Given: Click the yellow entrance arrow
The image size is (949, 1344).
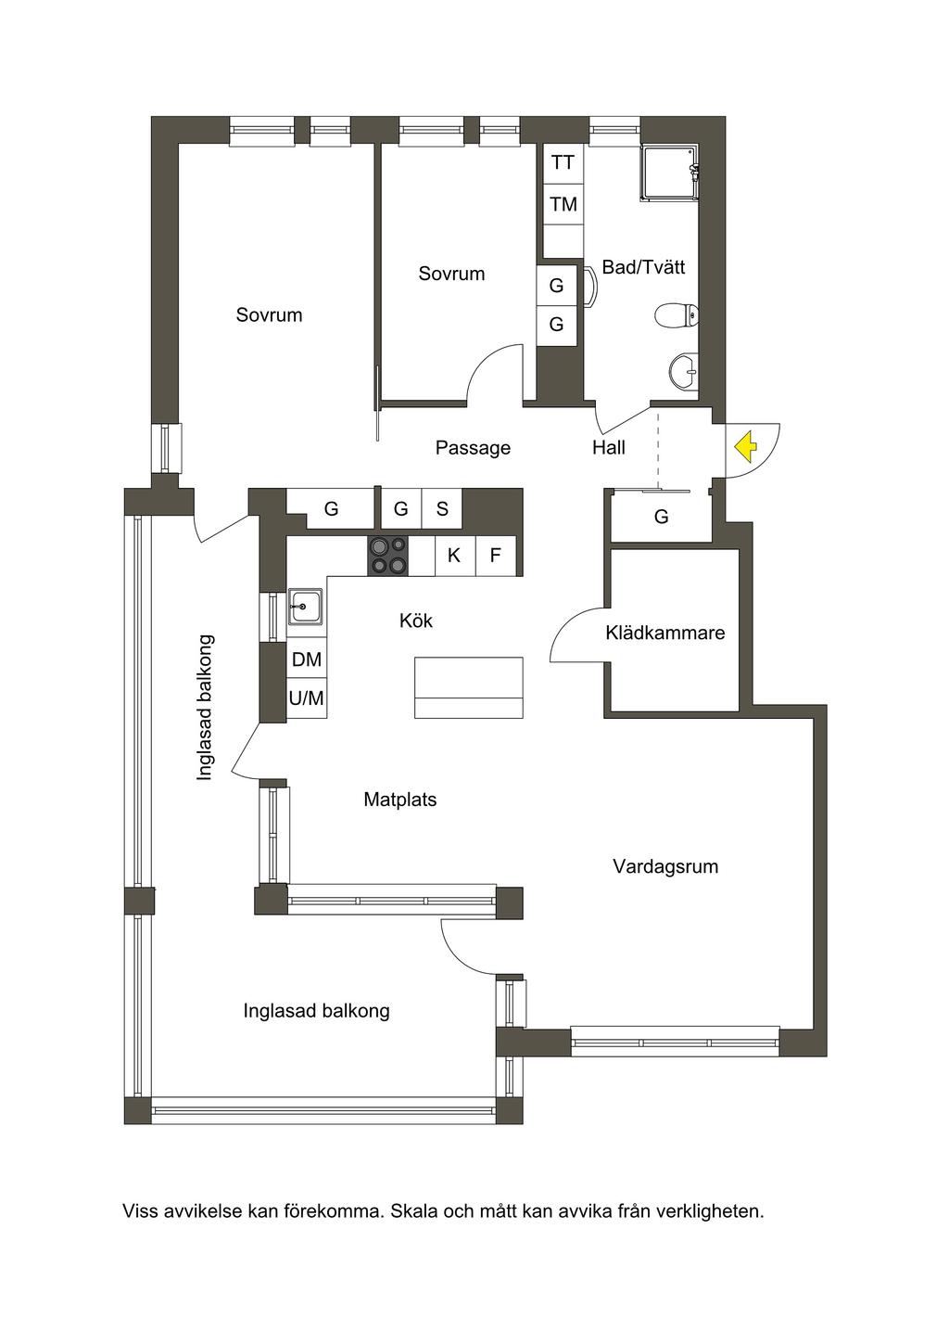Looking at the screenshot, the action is [x=745, y=448].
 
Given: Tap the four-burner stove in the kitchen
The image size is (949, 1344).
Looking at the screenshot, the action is [x=388, y=556].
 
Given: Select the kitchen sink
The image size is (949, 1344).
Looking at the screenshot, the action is [x=306, y=607].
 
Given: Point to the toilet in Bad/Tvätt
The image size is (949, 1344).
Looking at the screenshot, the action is [x=677, y=314].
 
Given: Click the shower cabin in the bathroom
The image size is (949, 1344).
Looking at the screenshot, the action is [x=670, y=173].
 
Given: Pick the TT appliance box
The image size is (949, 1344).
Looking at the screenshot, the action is [x=563, y=163].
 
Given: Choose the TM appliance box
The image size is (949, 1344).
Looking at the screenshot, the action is [x=563, y=205].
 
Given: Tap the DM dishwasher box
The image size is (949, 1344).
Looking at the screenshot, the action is [x=307, y=659].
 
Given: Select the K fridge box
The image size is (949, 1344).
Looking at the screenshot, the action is [x=454, y=556].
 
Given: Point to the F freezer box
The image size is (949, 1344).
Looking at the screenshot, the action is [x=495, y=556].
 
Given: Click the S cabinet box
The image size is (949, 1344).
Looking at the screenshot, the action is [x=442, y=509].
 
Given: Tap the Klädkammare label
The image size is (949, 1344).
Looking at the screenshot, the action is [x=664, y=633].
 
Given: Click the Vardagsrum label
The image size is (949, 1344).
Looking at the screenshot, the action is [x=665, y=865].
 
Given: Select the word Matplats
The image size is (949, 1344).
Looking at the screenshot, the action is [x=399, y=800].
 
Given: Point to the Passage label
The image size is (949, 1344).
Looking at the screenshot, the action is [x=473, y=448].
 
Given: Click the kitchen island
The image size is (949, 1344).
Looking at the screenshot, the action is [x=468, y=687].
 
